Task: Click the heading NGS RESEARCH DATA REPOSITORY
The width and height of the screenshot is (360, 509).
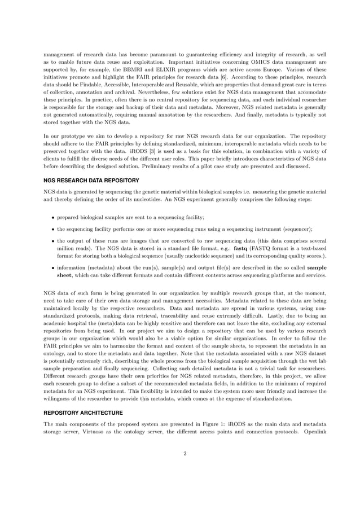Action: tap(91, 181)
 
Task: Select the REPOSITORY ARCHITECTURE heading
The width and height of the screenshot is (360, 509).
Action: tap(83, 413)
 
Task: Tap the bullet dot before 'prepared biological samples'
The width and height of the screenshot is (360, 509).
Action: tap(53, 217)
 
